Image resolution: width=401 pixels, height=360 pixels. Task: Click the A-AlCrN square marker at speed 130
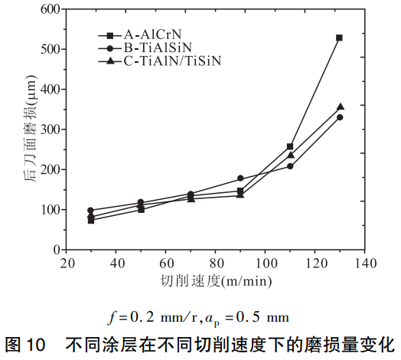[339, 38]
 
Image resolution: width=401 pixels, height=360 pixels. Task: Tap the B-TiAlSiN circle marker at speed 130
[339, 117]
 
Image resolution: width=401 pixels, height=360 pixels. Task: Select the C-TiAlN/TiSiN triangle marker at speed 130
[340, 107]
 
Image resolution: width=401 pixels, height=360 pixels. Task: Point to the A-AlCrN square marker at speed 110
[290, 146]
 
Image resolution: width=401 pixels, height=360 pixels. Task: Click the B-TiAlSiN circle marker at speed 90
[240, 178]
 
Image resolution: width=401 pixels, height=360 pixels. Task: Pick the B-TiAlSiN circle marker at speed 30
[91, 210]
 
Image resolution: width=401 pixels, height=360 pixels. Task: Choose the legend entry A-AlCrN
[149, 35]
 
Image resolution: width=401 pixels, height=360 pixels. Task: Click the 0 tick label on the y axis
[56, 250]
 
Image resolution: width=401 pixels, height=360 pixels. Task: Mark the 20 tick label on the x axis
[67, 263]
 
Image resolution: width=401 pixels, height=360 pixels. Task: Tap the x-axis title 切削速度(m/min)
[216, 280]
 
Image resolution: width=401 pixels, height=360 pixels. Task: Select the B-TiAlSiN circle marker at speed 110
[290, 166]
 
